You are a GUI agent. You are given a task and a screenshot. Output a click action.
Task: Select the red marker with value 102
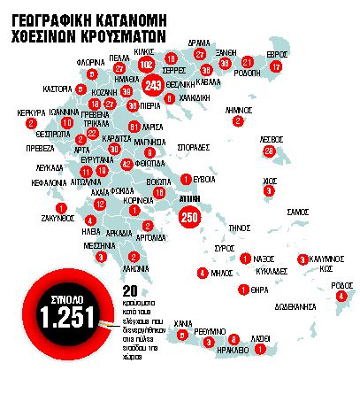147,65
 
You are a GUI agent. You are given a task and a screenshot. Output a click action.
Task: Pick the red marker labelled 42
127,164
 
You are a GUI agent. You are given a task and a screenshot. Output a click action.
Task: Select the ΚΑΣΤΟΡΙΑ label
58,89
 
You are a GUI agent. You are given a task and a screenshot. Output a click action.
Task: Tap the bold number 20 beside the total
130,290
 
